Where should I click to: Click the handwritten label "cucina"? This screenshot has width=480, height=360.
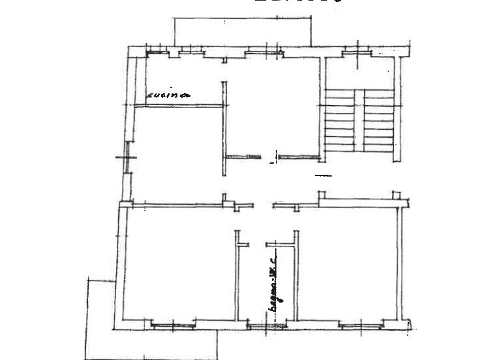click(168, 96)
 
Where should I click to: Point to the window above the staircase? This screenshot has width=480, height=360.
click(358, 51)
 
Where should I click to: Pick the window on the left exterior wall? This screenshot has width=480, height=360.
click(125, 158)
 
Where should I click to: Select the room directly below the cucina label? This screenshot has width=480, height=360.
click(176, 153)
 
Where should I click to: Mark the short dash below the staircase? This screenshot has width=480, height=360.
click(323, 175)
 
